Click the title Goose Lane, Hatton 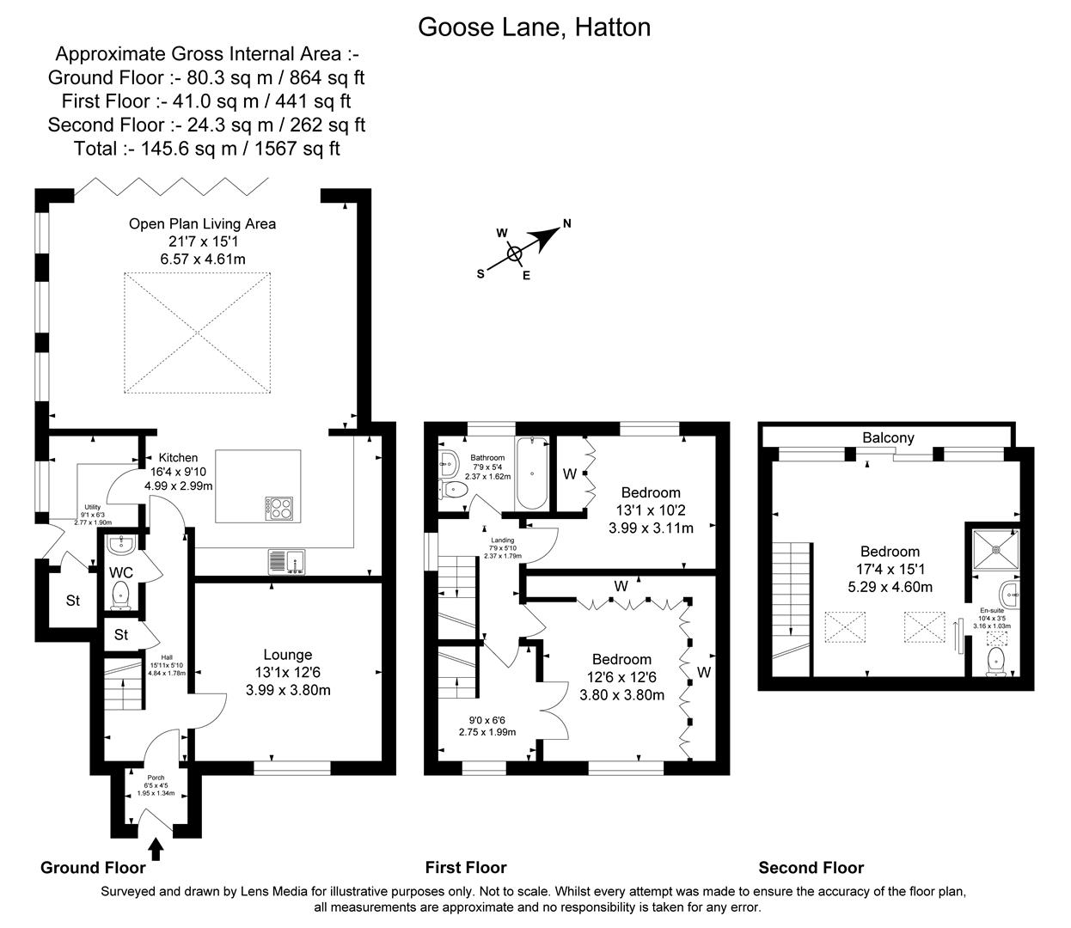pyautogui.click(x=534, y=27)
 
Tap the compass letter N pyautogui.click(x=566, y=224)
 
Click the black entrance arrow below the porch pyautogui.click(x=156, y=850)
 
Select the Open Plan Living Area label pyautogui.click(x=202, y=224)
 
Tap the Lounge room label pyautogui.click(x=287, y=655)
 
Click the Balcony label pyautogui.click(x=888, y=437)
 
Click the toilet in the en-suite pyautogui.click(x=997, y=661)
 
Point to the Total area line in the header pyautogui.click(x=207, y=149)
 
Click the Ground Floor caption pyautogui.click(x=93, y=867)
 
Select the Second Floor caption pyautogui.click(x=811, y=867)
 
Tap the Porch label pyautogui.click(x=156, y=778)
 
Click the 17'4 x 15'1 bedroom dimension pyautogui.click(x=890, y=569)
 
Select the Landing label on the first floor pyautogui.click(x=502, y=540)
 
